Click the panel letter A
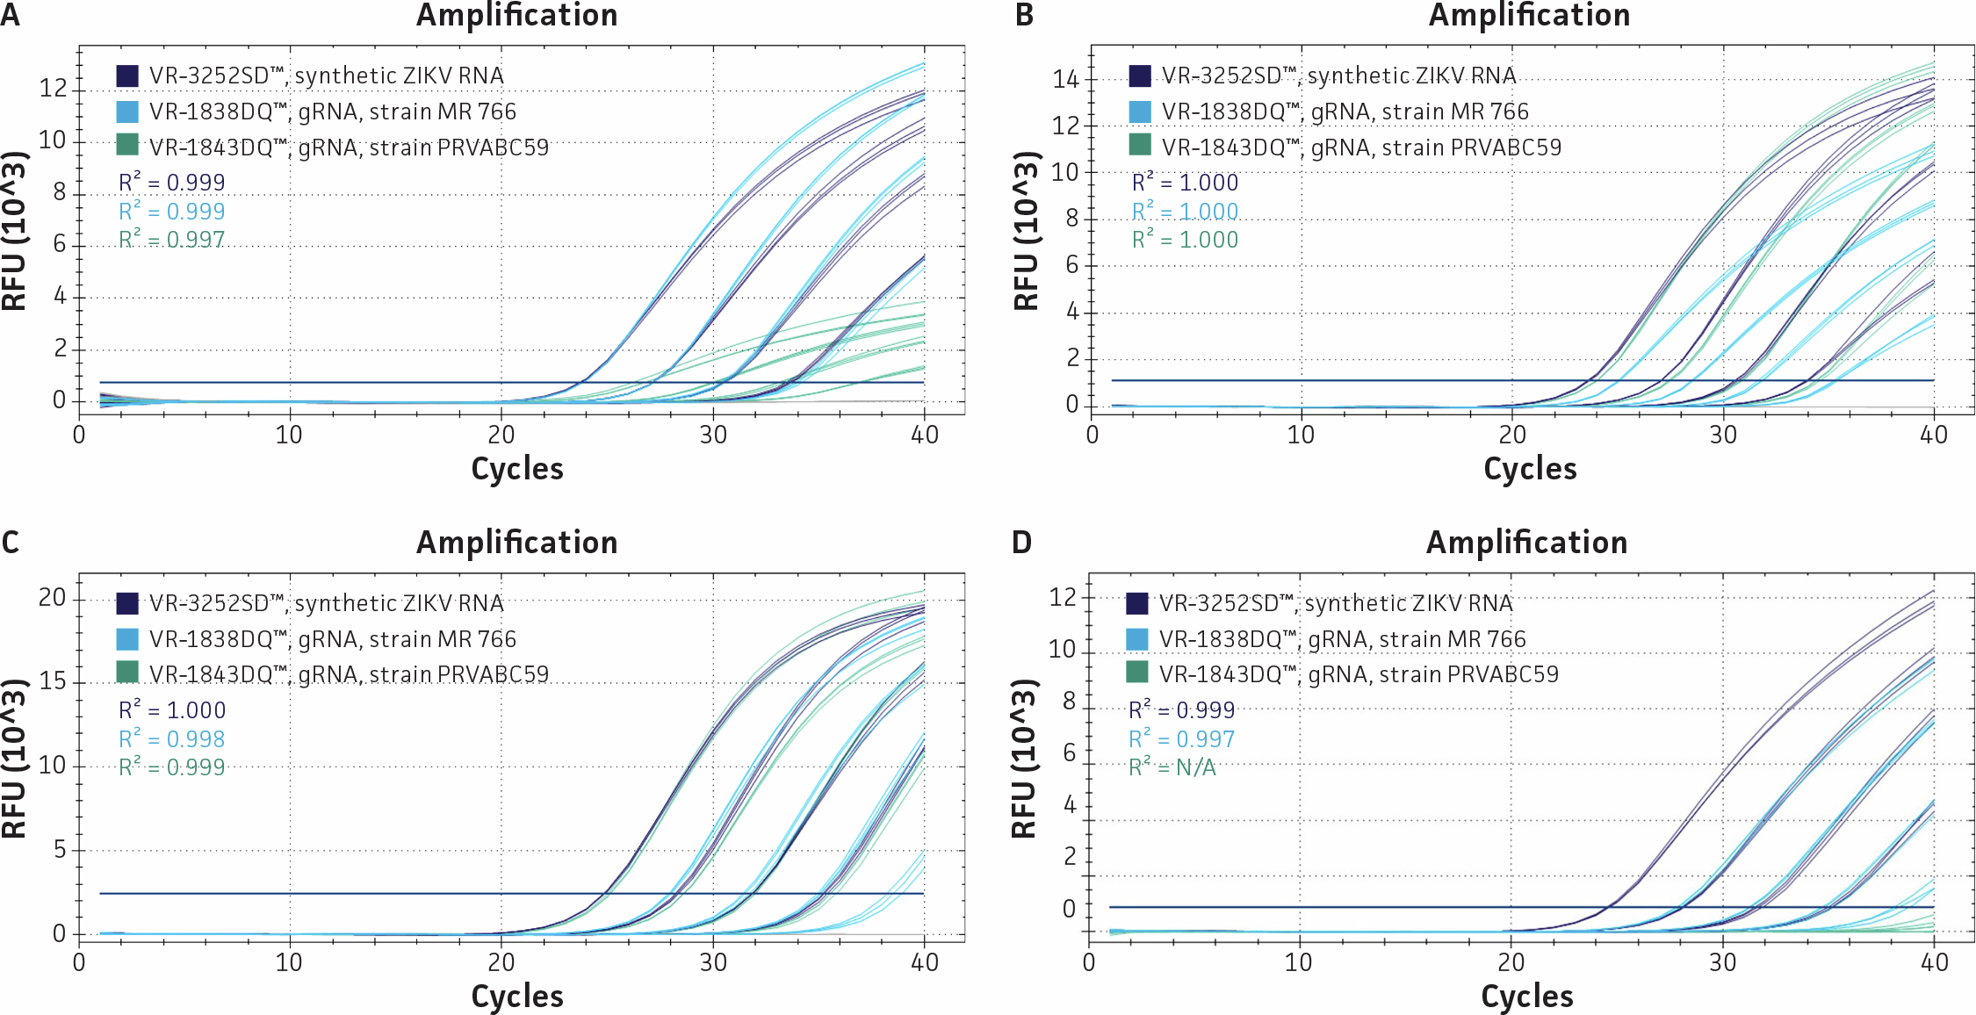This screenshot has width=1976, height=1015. coord(10,15)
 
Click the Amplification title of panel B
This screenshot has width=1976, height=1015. coord(1529,15)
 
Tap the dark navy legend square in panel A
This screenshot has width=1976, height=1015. coord(127,76)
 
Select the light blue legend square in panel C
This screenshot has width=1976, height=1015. coord(127,639)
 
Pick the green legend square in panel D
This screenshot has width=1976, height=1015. coord(1137,673)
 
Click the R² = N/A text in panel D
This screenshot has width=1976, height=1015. coord(1172,767)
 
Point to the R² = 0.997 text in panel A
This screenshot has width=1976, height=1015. coord(172,240)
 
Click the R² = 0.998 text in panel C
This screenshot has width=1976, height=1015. coord(172,739)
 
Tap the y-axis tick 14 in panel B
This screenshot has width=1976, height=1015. coord(1065,80)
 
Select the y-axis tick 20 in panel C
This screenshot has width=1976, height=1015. coord(52,598)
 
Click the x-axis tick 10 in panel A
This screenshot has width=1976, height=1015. coord(289,435)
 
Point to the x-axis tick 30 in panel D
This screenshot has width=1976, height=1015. coord(1722,962)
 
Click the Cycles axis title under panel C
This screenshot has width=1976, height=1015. coord(517,997)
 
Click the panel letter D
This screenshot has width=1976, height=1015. coord(1021,543)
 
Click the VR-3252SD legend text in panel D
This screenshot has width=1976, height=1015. coord(1335,603)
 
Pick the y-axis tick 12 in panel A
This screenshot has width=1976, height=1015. coord(52,89)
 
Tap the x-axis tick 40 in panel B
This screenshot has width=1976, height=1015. coord(1934,435)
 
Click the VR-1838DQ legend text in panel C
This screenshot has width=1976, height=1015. coord(333,639)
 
